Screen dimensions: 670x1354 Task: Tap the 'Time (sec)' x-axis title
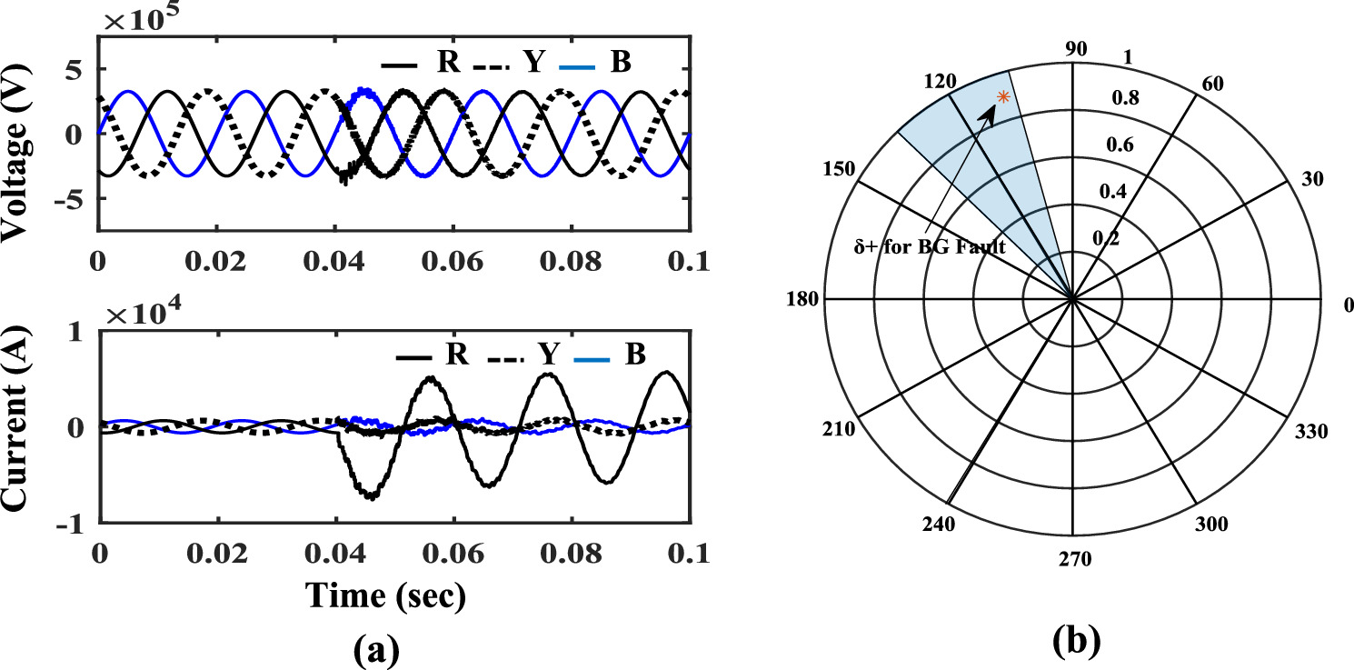(x=385, y=595)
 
